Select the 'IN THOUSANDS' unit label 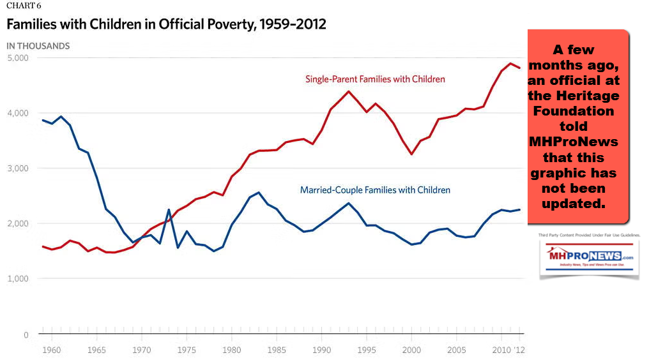pos(38,46)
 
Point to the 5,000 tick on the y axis pos(17,58)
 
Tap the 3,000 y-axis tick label pos(17,169)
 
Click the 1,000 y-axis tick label pos(17,279)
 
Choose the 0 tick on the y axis pos(25,334)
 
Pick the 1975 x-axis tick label pos(186,350)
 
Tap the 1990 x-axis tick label pos(321,350)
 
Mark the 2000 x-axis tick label pos(412,350)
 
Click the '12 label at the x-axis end pos(520,350)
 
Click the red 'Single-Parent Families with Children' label pos(375,79)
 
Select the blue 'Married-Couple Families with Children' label pos(375,190)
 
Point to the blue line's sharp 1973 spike pos(169,210)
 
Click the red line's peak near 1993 pos(349,91)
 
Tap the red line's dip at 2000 pos(412,154)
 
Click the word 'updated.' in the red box pos(578,203)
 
